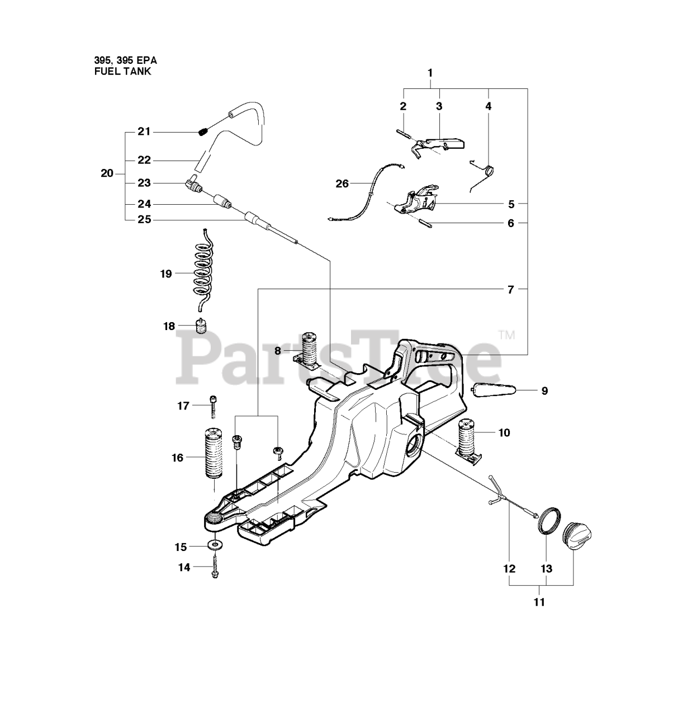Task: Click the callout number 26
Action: tap(342, 183)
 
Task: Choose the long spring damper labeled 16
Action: tap(213, 453)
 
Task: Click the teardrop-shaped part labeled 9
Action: tap(495, 390)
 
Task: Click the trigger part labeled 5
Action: tap(418, 202)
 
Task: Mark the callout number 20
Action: tap(107, 173)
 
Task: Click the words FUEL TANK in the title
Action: tap(122, 72)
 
